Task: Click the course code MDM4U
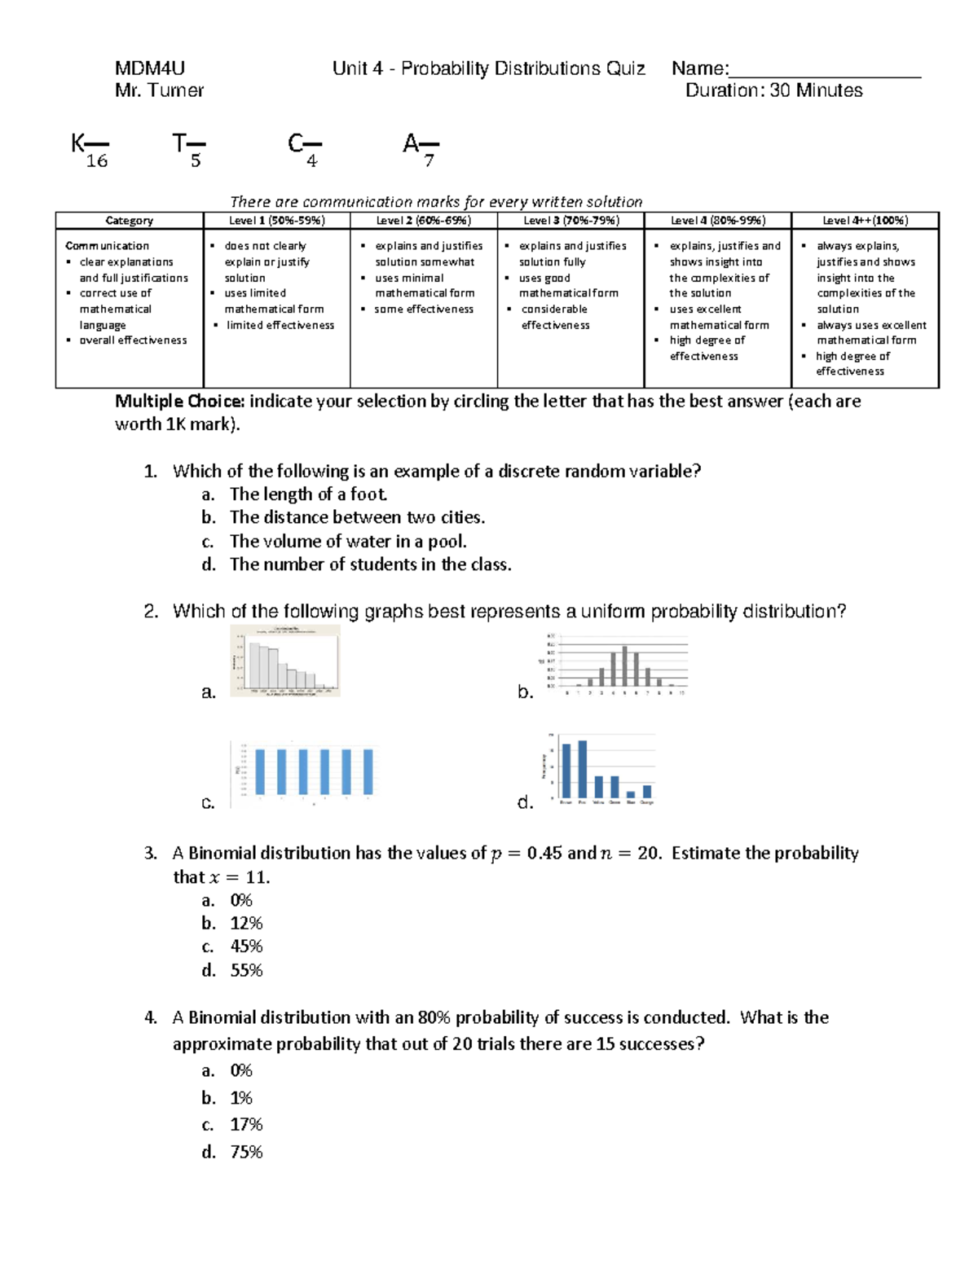[150, 68]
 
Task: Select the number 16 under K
[97, 161]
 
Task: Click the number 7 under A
[429, 161]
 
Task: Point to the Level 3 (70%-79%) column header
[570, 221]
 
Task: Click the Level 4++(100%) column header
[865, 221]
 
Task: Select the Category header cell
[129, 221]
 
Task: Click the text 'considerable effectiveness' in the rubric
[555, 317]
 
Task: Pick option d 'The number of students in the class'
[370, 564]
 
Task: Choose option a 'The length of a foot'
[308, 494]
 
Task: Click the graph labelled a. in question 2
[285, 661]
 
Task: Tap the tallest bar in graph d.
[582, 769]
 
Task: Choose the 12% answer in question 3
[246, 924]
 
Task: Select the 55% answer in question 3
[246, 970]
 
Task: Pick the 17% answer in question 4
[246, 1125]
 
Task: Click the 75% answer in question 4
[246, 1152]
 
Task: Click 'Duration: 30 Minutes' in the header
[773, 91]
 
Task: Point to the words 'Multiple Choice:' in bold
[179, 402]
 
